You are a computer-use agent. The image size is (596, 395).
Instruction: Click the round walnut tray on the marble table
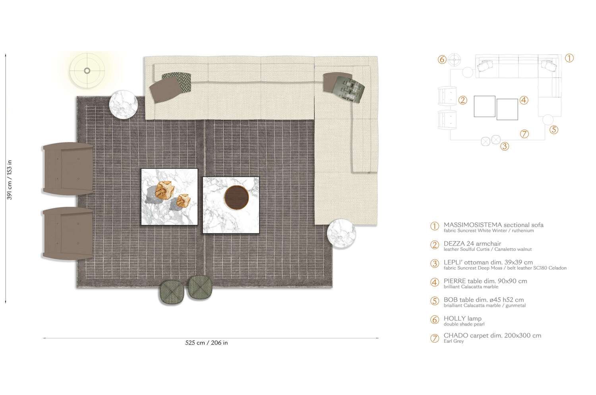click(x=236, y=197)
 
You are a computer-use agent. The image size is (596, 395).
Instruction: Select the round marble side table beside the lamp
click(x=124, y=104)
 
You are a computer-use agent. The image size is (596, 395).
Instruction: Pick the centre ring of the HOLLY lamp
click(x=87, y=71)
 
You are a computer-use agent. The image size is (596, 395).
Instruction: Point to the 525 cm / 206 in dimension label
click(x=206, y=343)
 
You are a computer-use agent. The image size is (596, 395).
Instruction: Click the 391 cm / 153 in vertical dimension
click(x=10, y=179)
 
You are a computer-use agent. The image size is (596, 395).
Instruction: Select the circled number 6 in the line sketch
click(x=442, y=60)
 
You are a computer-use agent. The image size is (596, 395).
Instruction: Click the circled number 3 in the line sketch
click(x=504, y=146)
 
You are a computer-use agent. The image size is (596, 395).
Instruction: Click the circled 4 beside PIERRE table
click(x=435, y=282)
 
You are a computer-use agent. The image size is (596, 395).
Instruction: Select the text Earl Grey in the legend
click(x=453, y=341)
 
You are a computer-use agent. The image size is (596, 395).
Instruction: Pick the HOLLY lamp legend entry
click(x=462, y=318)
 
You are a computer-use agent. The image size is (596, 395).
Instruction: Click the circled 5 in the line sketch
click(x=554, y=129)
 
